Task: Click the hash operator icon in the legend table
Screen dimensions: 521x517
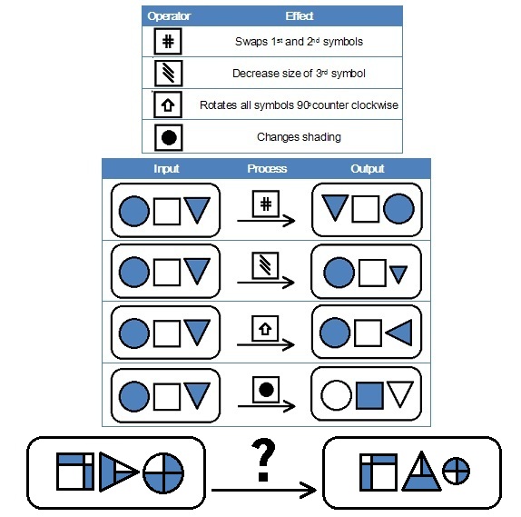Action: pos(168,41)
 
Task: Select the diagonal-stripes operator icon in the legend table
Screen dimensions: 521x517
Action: pos(169,74)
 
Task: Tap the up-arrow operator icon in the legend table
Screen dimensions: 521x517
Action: pos(168,104)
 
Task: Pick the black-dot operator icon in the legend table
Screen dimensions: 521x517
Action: pos(169,137)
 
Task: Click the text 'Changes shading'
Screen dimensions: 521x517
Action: pos(299,136)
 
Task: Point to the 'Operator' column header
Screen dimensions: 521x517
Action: pos(169,16)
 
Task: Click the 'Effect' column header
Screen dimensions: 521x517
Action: pos(299,15)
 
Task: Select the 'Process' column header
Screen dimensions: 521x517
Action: pos(267,168)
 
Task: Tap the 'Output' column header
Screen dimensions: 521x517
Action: pos(368,168)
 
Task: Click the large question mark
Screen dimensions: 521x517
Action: pos(263,460)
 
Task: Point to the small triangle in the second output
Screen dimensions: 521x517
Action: pos(398,274)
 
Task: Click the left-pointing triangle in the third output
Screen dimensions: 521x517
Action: pos(399,333)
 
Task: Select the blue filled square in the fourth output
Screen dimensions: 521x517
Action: pos(369,395)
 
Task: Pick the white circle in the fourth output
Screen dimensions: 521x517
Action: pos(336,395)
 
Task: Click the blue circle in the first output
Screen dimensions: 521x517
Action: pos(398,209)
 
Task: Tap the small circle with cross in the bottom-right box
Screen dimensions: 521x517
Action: pos(456,471)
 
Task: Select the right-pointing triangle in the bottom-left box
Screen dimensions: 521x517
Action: pos(119,472)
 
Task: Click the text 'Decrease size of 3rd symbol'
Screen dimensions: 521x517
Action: pos(299,74)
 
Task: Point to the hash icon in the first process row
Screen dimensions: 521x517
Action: pos(265,204)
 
